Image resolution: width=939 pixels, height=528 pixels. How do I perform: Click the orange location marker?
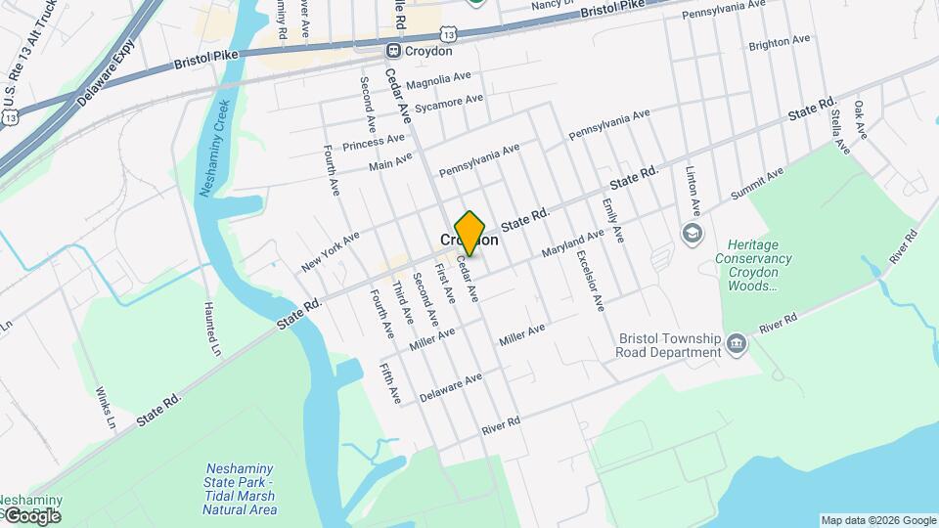pos(470,233)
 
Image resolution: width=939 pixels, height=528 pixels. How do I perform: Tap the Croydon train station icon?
pos(393,51)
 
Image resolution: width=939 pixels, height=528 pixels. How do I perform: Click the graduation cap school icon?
pos(693,233)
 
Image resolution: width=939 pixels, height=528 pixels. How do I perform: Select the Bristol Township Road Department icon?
pos(737,343)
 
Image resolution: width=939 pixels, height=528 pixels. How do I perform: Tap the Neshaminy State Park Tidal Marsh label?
pos(240,489)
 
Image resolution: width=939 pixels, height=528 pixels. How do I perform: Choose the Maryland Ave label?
pos(574,243)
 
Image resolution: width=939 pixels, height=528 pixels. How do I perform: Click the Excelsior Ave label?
pos(591,281)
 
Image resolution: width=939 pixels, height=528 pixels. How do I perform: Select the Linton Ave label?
pos(693,192)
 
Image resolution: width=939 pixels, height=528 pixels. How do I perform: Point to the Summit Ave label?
pos(759,180)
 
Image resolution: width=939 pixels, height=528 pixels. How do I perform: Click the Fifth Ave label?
pos(390,382)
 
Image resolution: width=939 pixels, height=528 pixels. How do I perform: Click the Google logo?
pos(31,515)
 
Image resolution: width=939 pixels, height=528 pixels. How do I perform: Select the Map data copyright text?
pos(878,520)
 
